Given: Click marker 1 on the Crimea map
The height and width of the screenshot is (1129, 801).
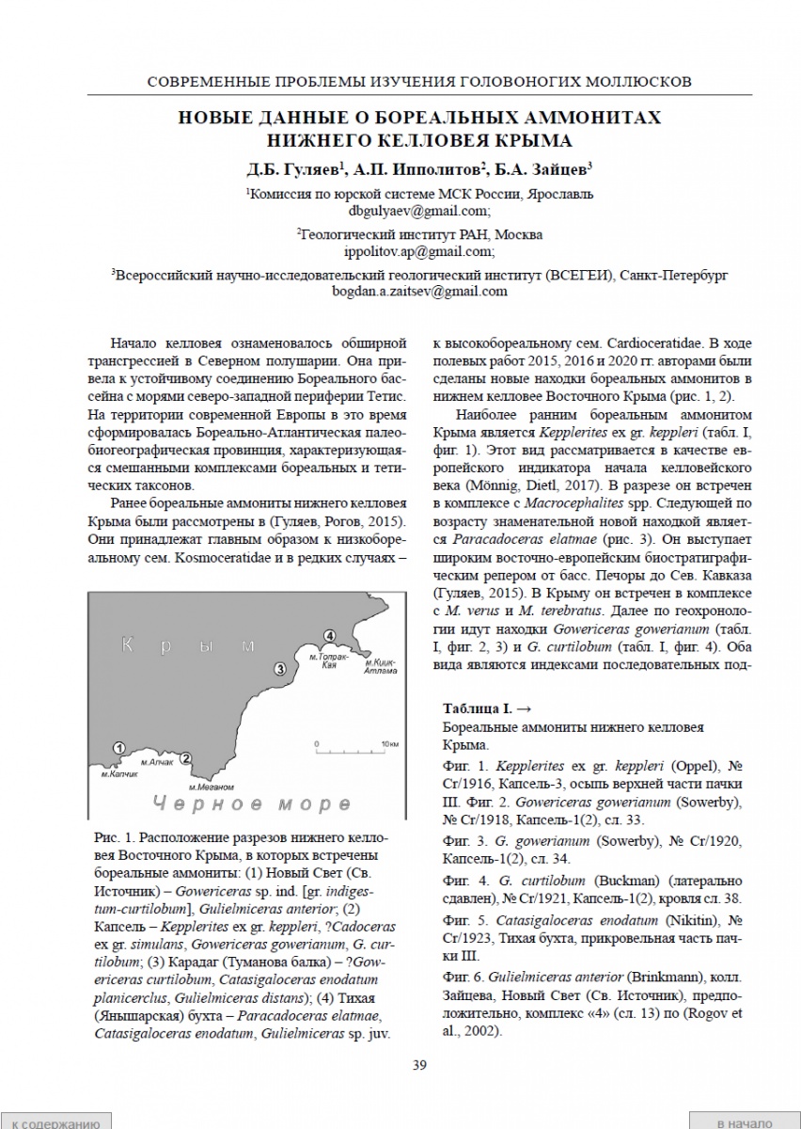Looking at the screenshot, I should [x=119, y=747].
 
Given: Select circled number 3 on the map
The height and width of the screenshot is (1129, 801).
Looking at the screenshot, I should [x=279, y=669].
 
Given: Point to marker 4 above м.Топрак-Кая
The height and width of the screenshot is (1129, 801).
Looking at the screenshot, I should [x=328, y=636].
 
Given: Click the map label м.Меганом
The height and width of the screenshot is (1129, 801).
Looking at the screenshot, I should [x=211, y=786].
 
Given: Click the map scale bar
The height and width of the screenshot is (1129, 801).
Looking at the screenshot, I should [x=353, y=751].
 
